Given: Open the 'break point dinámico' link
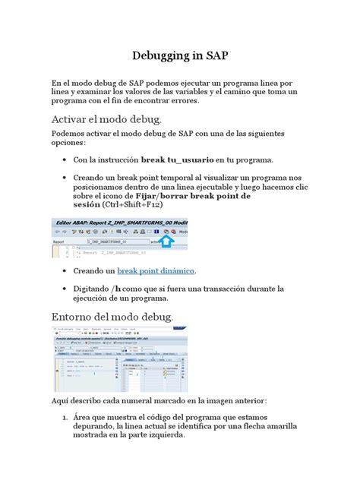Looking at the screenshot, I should click(156, 270).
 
